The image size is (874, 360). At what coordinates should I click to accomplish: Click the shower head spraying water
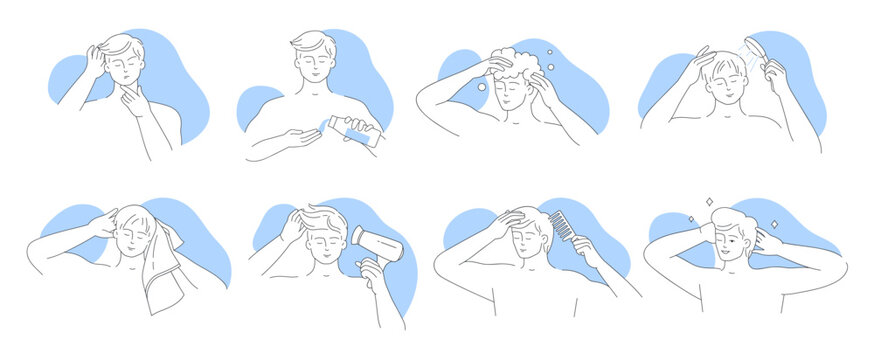tap(769, 59)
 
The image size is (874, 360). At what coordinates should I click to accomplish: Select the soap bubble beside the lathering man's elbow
tap(482, 87)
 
